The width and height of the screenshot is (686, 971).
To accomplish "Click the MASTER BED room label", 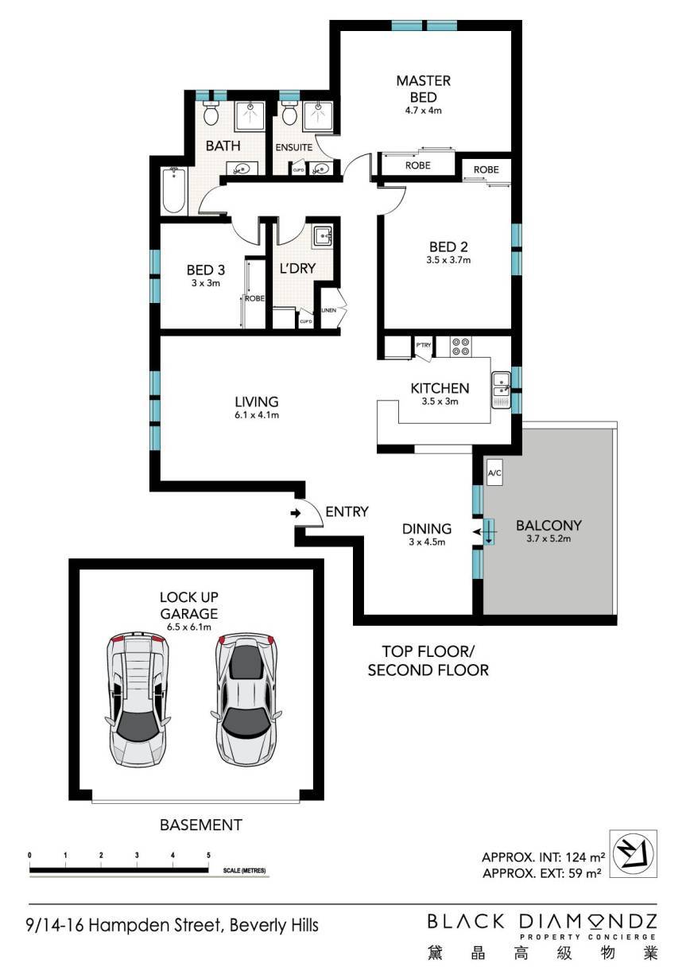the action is [424, 89].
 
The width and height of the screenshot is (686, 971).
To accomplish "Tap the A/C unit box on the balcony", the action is [494, 472].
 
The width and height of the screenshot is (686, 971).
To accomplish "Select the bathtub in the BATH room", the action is [174, 191].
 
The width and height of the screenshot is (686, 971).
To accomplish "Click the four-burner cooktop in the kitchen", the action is [461, 347].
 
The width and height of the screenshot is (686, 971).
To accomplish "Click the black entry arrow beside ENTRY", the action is [296, 513].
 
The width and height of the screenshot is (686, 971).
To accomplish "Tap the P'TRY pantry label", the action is [423, 345].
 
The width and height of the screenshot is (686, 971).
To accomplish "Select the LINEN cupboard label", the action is [329, 310].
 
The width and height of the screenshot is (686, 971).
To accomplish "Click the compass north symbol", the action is [633, 855].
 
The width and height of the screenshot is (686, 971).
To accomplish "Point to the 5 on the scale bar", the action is [208, 855].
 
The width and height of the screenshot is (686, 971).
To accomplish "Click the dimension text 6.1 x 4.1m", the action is [257, 415].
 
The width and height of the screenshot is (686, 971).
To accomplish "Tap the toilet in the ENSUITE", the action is [289, 113].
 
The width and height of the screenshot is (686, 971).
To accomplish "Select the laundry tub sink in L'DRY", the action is [322, 236].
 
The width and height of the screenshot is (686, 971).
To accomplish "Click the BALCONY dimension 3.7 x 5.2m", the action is [548, 539].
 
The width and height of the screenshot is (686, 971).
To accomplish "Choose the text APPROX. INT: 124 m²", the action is [544, 856].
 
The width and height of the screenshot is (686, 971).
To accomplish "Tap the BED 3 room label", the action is [205, 270].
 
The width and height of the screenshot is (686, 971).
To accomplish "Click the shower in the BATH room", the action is [249, 116].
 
